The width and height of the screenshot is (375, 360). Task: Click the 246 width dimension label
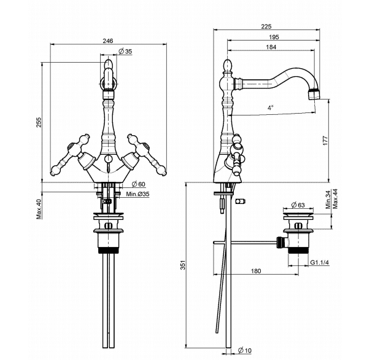coord(108,41)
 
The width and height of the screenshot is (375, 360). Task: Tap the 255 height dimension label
coord(39,122)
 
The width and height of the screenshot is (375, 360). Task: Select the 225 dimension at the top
coord(266,26)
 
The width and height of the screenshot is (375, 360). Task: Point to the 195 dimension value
coord(274,37)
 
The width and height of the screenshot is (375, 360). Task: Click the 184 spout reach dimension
coord(271,47)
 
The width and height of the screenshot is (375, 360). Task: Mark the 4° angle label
coord(270,108)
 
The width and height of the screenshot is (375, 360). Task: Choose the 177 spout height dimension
coord(325,141)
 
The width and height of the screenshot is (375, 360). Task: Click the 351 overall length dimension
coord(183,265)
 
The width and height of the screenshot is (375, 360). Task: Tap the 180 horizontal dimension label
coord(256,271)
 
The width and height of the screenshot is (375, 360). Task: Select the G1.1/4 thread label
coord(320,262)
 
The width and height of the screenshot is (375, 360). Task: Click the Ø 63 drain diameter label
coord(298,205)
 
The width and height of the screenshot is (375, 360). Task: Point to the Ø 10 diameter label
coord(245,350)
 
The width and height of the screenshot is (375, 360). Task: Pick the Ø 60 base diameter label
coord(139,184)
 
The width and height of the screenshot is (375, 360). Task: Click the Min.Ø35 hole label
coord(137,194)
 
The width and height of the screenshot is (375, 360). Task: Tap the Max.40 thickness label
coord(39,209)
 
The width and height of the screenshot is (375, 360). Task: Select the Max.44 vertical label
coord(335,198)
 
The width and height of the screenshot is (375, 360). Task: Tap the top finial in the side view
coord(228,66)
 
